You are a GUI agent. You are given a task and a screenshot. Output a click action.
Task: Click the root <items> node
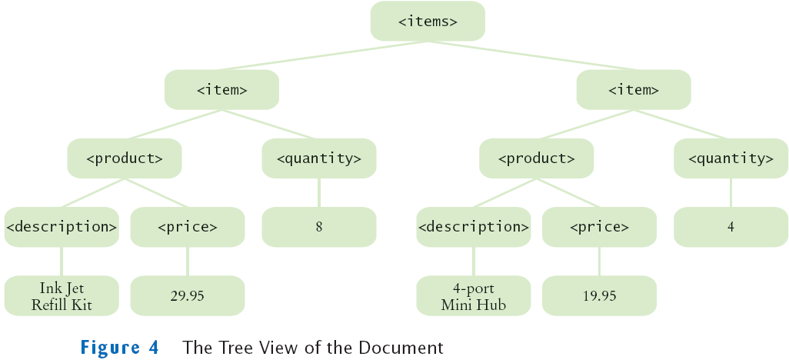[x=428, y=22]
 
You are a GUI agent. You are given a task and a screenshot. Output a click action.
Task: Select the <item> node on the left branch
[x=221, y=90]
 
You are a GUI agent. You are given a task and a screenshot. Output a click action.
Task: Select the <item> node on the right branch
[x=634, y=90]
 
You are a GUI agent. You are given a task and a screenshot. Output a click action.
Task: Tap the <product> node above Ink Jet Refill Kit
[x=124, y=158]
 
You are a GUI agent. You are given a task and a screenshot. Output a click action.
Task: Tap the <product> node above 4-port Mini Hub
[x=536, y=158]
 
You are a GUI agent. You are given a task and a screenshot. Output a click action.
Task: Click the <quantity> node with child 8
[x=319, y=158]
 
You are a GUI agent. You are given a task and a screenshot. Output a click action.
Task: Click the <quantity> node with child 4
[x=731, y=158]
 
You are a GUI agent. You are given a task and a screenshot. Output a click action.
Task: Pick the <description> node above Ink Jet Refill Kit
[x=62, y=227]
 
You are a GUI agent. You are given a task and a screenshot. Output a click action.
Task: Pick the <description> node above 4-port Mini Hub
[x=474, y=227]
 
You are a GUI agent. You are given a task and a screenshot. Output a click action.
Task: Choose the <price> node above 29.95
[x=188, y=227]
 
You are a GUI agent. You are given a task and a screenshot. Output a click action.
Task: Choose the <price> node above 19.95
[x=599, y=227]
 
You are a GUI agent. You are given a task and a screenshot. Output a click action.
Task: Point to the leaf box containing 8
[x=319, y=227]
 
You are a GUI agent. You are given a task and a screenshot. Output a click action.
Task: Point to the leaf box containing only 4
[x=731, y=227]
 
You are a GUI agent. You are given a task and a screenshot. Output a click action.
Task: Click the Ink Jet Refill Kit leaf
[x=62, y=296]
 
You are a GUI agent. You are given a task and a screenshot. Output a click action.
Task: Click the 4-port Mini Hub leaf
[x=474, y=296]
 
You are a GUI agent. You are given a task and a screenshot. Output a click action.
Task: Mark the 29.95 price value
[x=188, y=296]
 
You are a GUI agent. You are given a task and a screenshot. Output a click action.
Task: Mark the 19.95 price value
[x=599, y=296]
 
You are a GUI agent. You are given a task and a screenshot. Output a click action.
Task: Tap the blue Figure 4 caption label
[x=119, y=348]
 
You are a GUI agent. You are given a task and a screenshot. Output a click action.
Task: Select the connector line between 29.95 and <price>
[x=188, y=262]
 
